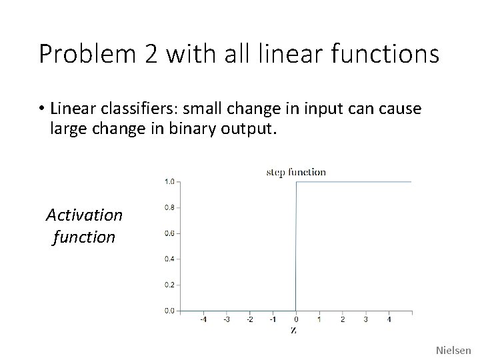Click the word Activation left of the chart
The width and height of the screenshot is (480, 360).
(x=85, y=215)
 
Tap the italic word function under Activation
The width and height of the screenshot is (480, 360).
(x=84, y=237)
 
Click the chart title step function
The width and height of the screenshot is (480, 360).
(x=296, y=172)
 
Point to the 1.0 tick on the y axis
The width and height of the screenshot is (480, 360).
(x=170, y=181)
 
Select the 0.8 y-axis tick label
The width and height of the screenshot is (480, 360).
(x=170, y=207)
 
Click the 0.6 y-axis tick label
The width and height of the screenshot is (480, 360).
(x=170, y=233)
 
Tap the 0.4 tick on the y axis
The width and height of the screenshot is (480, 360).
(x=170, y=259)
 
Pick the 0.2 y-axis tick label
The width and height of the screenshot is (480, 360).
(x=170, y=285)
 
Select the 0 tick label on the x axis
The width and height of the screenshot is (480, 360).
(x=296, y=319)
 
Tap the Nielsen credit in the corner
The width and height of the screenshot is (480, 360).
(x=453, y=349)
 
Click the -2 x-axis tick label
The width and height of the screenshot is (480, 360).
(x=249, y=319)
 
